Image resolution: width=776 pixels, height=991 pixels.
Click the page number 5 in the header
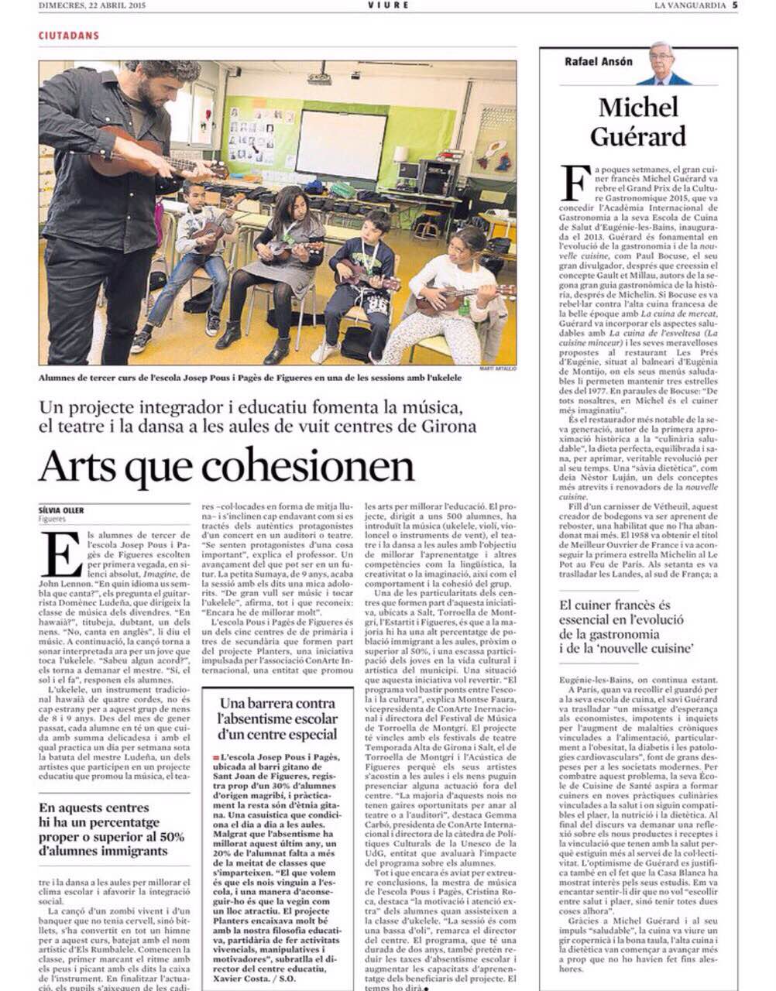tap(735, 5)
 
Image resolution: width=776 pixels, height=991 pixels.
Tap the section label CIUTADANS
tap(68, 36)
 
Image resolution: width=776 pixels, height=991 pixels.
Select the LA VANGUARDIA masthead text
tap(690, 5)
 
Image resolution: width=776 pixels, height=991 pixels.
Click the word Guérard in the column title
tap(637, 135)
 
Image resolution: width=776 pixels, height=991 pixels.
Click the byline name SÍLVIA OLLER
tap(61, 511)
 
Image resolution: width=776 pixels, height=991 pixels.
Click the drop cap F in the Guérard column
tap(573, 182)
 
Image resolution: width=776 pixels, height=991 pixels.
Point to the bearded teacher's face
tap(158, 91)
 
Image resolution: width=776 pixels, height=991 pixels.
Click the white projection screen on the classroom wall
tap(341, 143)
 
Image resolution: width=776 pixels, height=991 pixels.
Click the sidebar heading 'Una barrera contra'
tap(277, 704)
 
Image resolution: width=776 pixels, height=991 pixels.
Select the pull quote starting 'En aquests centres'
tap(112, 829)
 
